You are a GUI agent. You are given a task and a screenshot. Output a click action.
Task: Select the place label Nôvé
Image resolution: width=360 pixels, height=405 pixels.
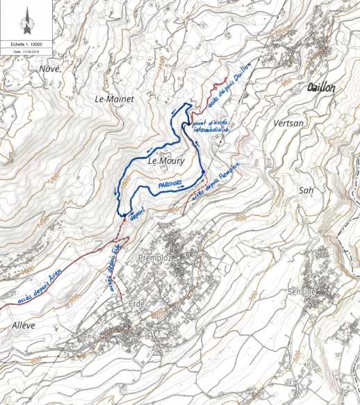[x=50, y=68]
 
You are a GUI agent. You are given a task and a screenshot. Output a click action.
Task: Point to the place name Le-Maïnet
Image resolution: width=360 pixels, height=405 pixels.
[x=114, y=99]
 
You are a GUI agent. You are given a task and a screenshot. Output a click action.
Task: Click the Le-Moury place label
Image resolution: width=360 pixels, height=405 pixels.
[x=165, y=161]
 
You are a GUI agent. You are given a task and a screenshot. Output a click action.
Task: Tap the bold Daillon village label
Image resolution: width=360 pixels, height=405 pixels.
[x=320, y=88]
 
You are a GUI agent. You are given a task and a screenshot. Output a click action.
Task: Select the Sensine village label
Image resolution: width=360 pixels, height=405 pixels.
[x=302, y=292]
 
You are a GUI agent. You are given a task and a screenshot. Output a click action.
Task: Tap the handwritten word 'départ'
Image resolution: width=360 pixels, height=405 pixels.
[x=138, y=213]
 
